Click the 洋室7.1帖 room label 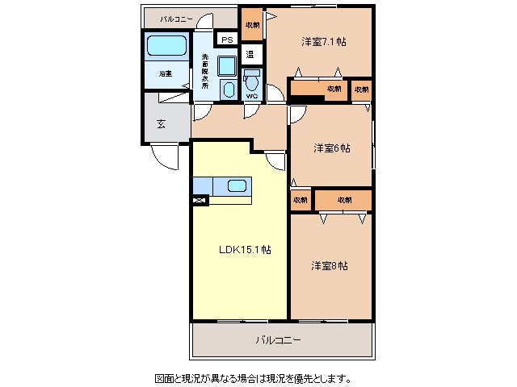(x=324, y=42)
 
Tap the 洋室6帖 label (x=332, y=148)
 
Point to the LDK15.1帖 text (x=245, y=249)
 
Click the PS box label (x=227, y=40)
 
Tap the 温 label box (x=250, y=56)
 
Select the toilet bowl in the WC (x=252, y=81)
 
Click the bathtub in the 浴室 (x=166, y=47)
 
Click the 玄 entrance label (x=161, y=124)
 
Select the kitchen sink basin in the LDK (x=237, y=186)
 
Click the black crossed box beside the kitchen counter (x=200, y=200)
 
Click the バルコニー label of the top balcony (x=175, y=18)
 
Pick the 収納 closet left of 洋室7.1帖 (x=252, y=25)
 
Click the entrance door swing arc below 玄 (x=166, y=158)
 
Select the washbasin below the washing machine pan (x=229, y=89)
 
